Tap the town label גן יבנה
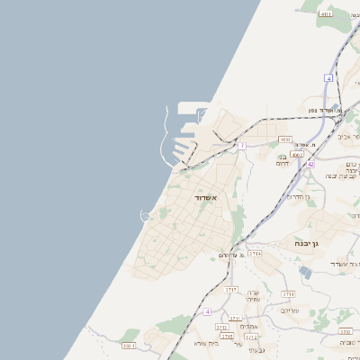[x=306, y=243]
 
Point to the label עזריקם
[x=290, y=310]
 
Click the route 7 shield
[x=242, y=145]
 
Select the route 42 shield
[x=310, y=164]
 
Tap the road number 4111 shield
[x=326, y=14]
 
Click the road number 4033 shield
[x=285, y=139]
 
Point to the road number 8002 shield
[x=297, y=154]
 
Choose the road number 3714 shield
[x=256, y=254]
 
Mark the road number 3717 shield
[x=231, y=289]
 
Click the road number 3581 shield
[x=128, y=345]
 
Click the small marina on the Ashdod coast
[x=146, y=214]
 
